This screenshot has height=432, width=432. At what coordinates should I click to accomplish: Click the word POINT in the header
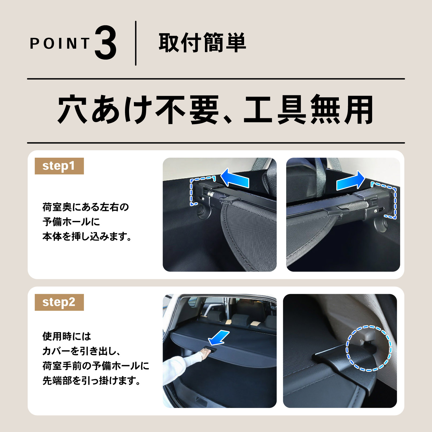(60, 43)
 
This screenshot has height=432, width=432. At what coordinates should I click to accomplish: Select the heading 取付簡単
(202, 43)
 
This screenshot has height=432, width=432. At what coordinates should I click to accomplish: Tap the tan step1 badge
(59, 166)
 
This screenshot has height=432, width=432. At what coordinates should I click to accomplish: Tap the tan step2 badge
(59, 302)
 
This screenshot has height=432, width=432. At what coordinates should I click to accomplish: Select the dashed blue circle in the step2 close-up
(369, 348)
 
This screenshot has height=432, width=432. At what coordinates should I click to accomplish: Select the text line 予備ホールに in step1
(71, 222)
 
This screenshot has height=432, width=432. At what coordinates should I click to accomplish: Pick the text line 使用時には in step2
(67, 336)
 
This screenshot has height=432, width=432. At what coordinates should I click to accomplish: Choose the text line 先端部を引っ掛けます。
(92, 381)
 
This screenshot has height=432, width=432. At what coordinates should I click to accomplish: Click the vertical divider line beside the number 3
(136, 43)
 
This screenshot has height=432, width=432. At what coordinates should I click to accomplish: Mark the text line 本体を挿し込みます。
(87, 237)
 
